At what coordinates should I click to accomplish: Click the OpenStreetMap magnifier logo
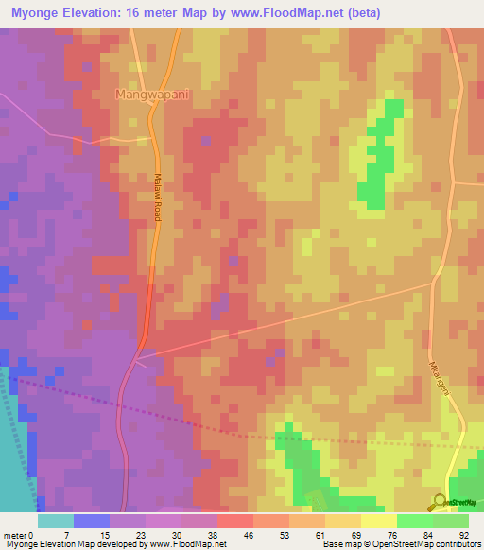(440, 501)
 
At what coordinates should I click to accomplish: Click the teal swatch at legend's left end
(56, 520)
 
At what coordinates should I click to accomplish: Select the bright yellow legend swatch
(378, 520)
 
